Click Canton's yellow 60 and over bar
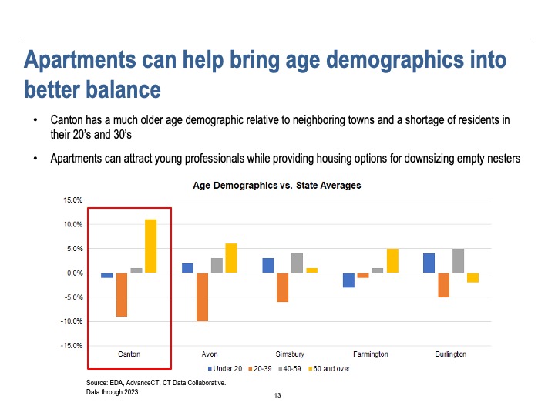tap(150, 246)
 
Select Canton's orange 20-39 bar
tap(122, 295)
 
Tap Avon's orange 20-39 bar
tap(203, 297)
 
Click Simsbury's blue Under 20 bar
tap(268, 266)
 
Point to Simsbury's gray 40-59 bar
tap(297, 263)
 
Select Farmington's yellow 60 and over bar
tap(392, 260)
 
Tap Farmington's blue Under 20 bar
tap(348, 280)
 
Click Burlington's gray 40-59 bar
tap(458, 260)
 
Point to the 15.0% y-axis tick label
tap(72, 200)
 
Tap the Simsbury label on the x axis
tap(290, 354)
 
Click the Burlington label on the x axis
tap(451, 354)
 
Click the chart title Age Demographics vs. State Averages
tap(277, 186)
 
